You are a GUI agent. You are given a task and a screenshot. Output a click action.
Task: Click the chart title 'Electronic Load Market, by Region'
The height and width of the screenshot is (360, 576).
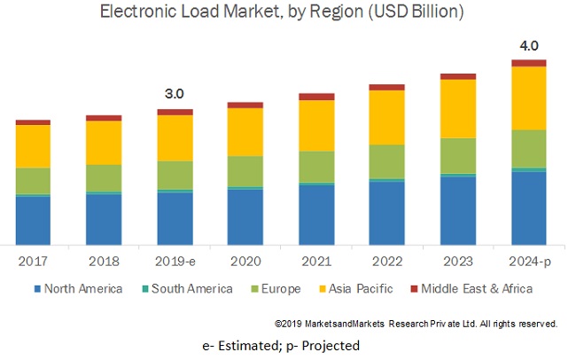(282, 12)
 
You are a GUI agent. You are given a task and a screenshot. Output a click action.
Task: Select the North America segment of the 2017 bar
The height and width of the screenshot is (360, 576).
(33, 220)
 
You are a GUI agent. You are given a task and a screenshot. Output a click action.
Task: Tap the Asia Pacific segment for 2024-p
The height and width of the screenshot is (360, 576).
(529, 98)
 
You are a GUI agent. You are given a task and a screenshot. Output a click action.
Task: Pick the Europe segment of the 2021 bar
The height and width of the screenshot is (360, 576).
(316, 166)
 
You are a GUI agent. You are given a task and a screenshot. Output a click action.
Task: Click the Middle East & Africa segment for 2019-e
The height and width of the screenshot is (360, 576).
(175, 112)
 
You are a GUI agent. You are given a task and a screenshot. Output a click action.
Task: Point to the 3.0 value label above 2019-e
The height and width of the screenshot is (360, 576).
(175, 93)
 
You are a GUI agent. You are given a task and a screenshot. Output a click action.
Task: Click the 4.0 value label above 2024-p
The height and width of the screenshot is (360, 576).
(529, 44)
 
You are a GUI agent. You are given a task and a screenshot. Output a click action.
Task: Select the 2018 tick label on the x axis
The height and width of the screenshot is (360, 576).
(104, 261)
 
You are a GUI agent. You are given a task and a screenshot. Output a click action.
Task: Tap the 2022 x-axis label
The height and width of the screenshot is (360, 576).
(387, 261)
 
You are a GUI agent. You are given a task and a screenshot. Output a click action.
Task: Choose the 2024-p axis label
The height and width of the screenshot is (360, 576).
(529, 261)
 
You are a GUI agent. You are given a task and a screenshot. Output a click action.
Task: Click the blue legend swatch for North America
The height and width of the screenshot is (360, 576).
(36, 289)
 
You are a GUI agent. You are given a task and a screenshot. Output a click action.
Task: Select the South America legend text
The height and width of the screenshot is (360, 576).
(191, 289)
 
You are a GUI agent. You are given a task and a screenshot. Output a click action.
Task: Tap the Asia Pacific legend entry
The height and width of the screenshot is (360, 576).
(362, 289)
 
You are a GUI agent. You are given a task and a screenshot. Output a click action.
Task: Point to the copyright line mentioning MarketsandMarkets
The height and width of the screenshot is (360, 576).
(416, 324)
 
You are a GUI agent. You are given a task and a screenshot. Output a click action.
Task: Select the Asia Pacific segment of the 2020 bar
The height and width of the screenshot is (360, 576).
(245, 131)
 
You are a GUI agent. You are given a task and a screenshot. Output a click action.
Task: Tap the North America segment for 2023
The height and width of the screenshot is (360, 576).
(458, 210)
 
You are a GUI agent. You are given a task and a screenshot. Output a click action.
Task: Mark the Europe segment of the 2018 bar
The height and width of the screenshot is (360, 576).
(104, 177)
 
